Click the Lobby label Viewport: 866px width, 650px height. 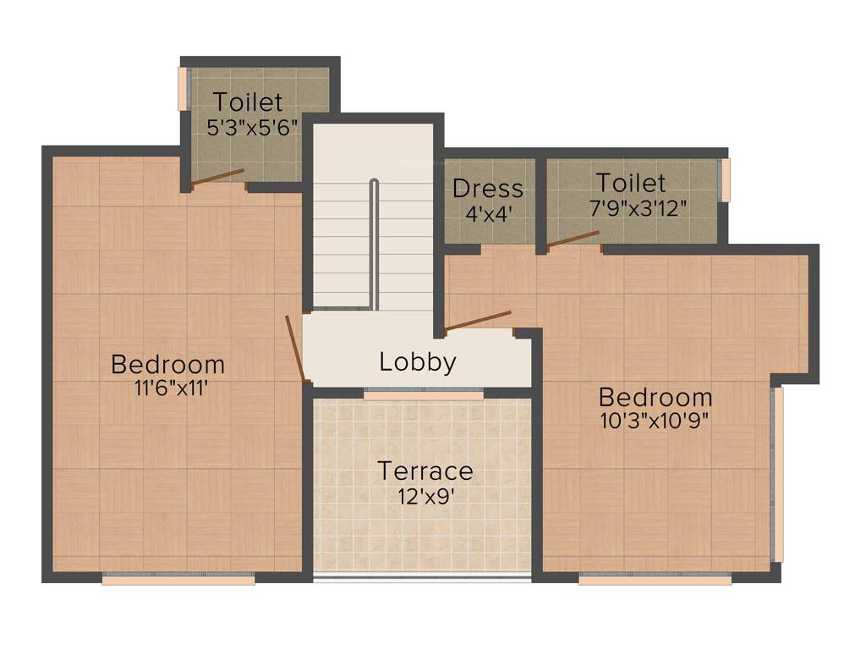pyautogui.click(x=418, y=362)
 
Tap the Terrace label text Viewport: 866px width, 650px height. pyautogui.click(x=425, y=471)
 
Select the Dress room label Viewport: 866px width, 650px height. pyautogui.click(x=488, y=188)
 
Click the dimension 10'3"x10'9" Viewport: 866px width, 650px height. pyautogui.click(x=655, y=421)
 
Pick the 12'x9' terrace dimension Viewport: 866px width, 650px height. pyautogui.click(x=425, y=495)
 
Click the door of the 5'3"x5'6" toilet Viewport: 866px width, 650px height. pyautogui.click(x=218, y=177)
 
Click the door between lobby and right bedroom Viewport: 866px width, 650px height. pyautogui.click(x=478, y=321)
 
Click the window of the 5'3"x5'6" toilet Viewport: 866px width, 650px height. pyautogui.click(x=182, y=89)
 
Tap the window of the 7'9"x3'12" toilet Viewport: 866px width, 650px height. pyautogui.click(x=724, y=180)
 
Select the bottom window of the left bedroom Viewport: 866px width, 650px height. pyautogui.click(x=178, y=580)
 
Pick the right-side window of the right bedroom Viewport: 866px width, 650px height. pyautogui.click(x=778, y=474)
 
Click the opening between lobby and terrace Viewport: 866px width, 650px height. pyautogui.click(x=424, y=394)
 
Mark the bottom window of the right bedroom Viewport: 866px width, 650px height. pyautogui.click(x=655, y=580)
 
